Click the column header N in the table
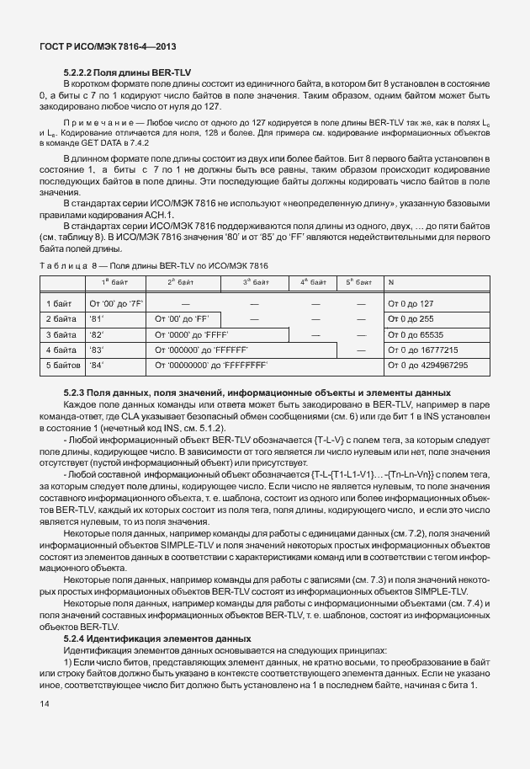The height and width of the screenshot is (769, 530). (390, 281)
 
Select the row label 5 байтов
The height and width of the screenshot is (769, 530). (63, 366)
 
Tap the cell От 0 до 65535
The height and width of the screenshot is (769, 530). (415, 334)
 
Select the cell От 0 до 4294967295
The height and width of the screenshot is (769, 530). (427, 366)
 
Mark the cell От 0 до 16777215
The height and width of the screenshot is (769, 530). (421, 350)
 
